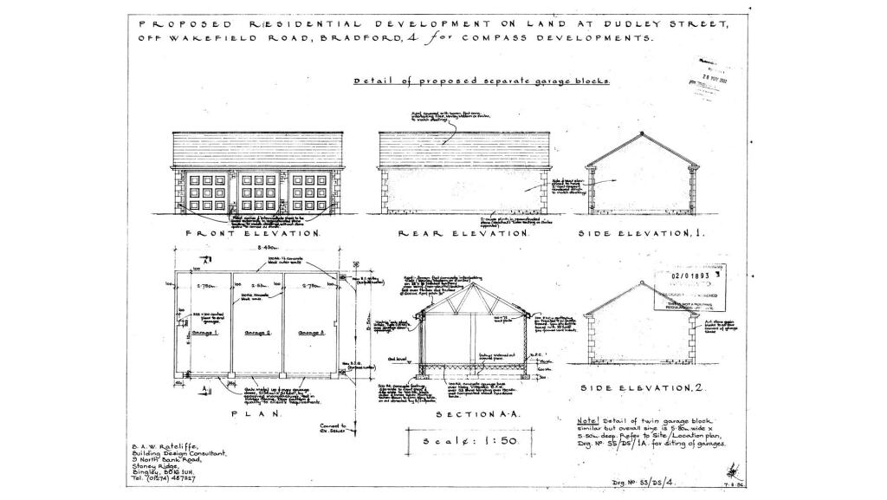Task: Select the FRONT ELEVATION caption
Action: (242, 234)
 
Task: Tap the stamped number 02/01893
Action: (696, 276)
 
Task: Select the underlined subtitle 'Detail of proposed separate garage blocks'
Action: (482, 81)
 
